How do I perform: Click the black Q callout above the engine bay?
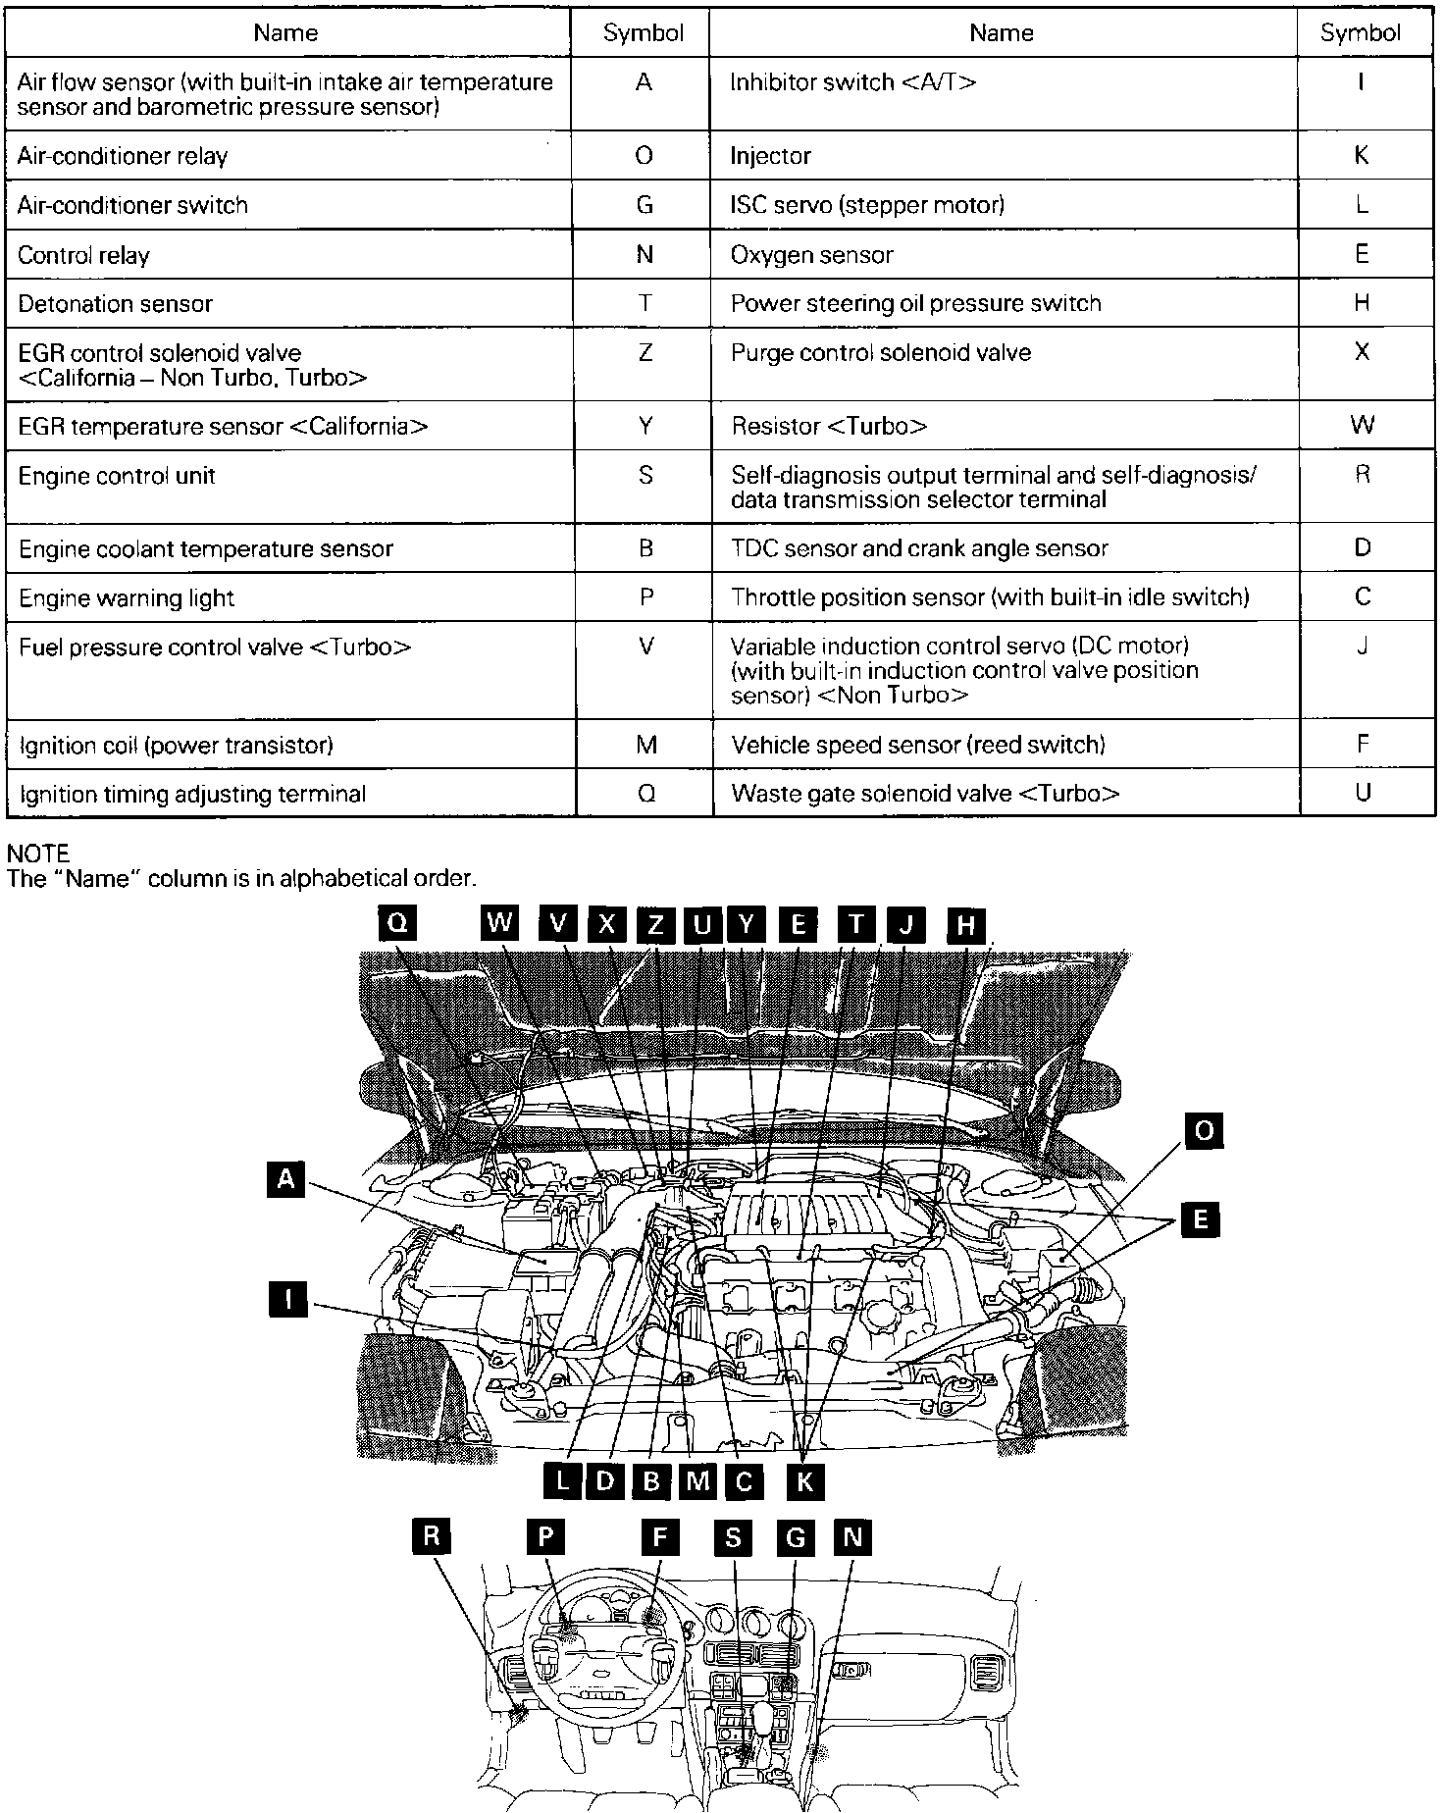397,923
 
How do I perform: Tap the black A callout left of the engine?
285,1178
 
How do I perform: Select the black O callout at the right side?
1204,1131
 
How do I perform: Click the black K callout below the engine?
804,1481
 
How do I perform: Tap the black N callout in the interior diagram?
852,1537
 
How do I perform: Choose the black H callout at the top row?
966,924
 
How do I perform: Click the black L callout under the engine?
562,1480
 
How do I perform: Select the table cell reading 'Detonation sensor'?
116,304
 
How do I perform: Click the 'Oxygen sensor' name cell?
812,255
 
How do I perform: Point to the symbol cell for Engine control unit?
645,476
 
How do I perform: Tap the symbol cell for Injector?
1361,156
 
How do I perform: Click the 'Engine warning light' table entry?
127,598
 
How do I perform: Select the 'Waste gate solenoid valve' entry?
924,794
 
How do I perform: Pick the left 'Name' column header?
285,33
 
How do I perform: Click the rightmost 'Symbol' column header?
1361,33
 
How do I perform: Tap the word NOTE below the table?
38,855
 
